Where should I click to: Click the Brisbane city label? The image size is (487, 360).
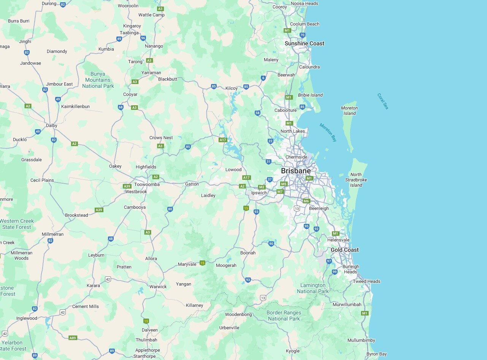click(x=295, y=171)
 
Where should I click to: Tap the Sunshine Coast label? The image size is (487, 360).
click(x=305, y=44)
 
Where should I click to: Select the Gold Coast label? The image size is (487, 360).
click(x=344, y=250)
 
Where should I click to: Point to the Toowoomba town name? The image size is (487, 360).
click(x=147, y=184)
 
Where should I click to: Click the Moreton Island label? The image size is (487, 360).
click(x=349, y=111)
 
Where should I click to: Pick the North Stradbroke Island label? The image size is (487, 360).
click(x=356, y=180)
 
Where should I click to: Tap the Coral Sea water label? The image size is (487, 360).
click(x=383, y=101)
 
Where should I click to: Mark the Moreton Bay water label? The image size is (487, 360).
click(x=328, y=132)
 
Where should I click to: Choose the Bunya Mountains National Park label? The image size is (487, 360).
click(x=98, y=80)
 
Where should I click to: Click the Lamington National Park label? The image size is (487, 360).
click(x=313, y=288)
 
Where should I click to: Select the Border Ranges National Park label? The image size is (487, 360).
click(x=284, y=316)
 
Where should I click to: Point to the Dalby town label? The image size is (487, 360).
click(x=51, y=125)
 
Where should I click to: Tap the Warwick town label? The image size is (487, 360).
click(x=158, y=287)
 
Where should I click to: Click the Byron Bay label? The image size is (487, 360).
click(x=376, y=354)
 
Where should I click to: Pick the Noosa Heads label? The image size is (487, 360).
click(x=304, y=3)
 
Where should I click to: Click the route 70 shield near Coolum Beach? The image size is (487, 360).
click(x=302, y=35)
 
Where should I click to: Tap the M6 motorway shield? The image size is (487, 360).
click(x=306, y=201)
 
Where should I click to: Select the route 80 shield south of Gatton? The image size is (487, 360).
click(x=170, y=209)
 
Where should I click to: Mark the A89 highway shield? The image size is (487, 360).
click(x=73, y=338)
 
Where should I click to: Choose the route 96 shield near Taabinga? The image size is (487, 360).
click(x=143, y=38)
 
